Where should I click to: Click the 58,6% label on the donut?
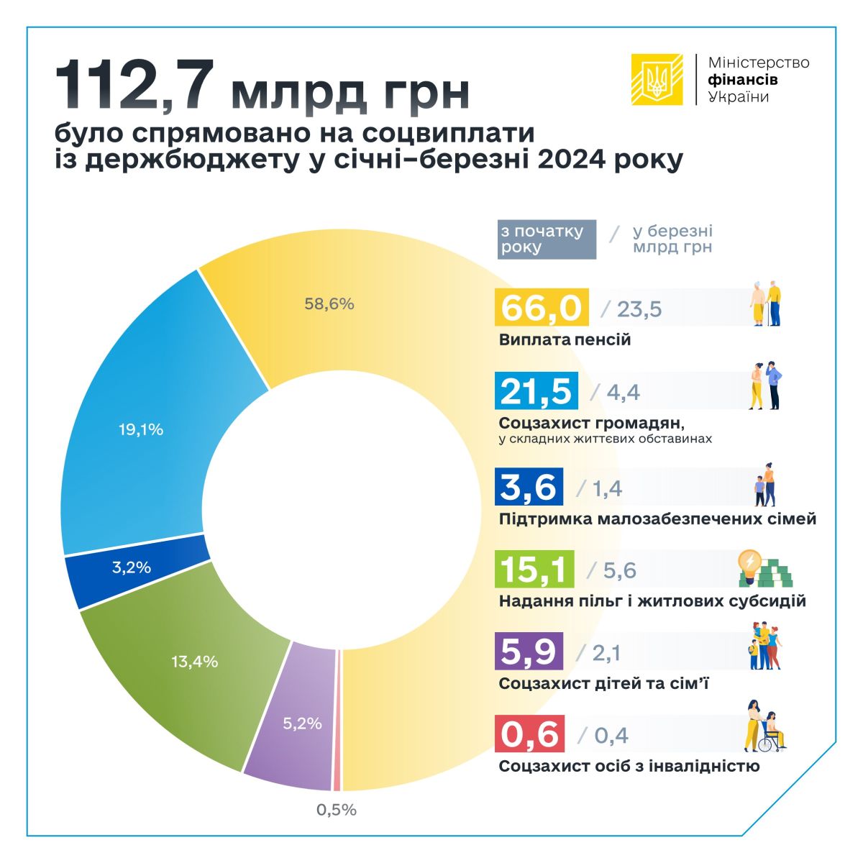(x=329, y=304)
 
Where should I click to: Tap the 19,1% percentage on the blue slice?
(x=141, y=430)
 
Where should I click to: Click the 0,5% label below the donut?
(x=337, y=810)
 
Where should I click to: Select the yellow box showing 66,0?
(x=542, y=308)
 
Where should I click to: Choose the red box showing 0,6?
(x=530, y=734)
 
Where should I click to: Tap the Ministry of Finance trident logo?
(x=657, y=79)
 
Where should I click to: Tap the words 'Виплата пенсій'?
(x=565, y=339)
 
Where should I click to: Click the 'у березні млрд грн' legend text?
(x=672, y=239)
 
